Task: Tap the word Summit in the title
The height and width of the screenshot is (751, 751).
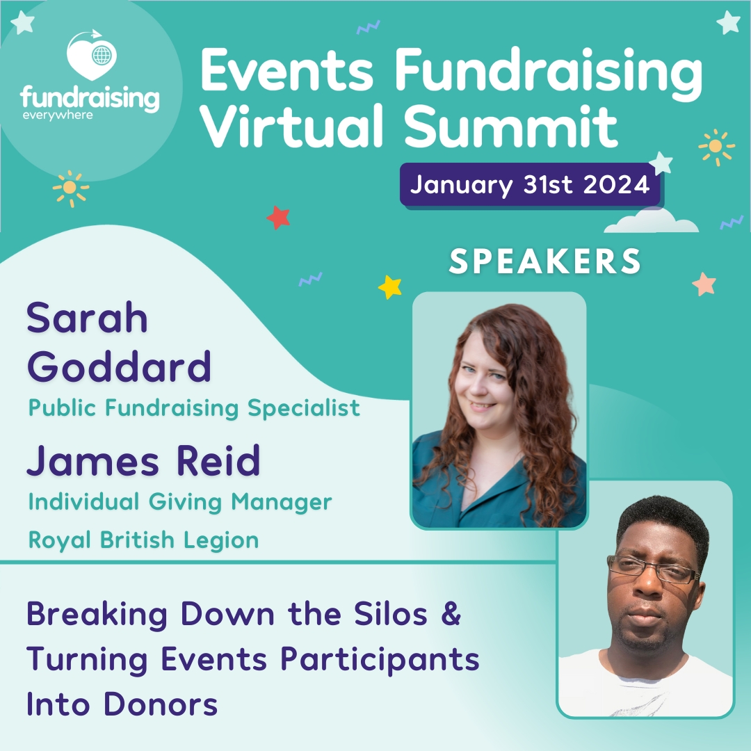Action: pyautogui.click(x=511, y=127)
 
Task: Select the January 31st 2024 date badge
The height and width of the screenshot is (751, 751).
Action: pyautogui.click(x=530, y=185)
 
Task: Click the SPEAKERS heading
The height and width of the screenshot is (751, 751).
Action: pyautogui.click(x=545, y=261)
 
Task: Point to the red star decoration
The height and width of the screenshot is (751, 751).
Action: pyautogui.click(x=278, y=218)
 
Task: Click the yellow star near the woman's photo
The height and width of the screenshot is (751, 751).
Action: pyautogui.click(x=390, y=286)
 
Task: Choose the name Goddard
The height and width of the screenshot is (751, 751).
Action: pyautogui.click(x=119, y=366)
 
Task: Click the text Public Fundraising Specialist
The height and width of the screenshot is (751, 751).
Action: pyautogui.click(x=195, y=407)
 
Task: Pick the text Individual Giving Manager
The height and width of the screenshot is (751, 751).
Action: pyautogui.click(x=180, y=501)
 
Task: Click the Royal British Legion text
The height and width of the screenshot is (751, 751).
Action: pyautogui.click(x=144, y=540)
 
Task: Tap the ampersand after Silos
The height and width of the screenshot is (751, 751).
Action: pyautogui.click(x=451, y=615)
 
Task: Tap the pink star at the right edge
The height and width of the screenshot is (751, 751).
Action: pyautogui.click(x=704, y=284)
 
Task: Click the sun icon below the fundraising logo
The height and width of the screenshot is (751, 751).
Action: pyautogui.click(x=70, y=188)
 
